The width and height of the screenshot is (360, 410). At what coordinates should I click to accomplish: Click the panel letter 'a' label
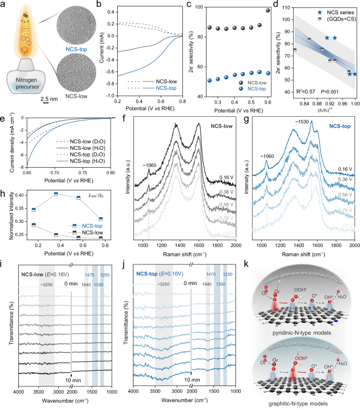tap(4, 5)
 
